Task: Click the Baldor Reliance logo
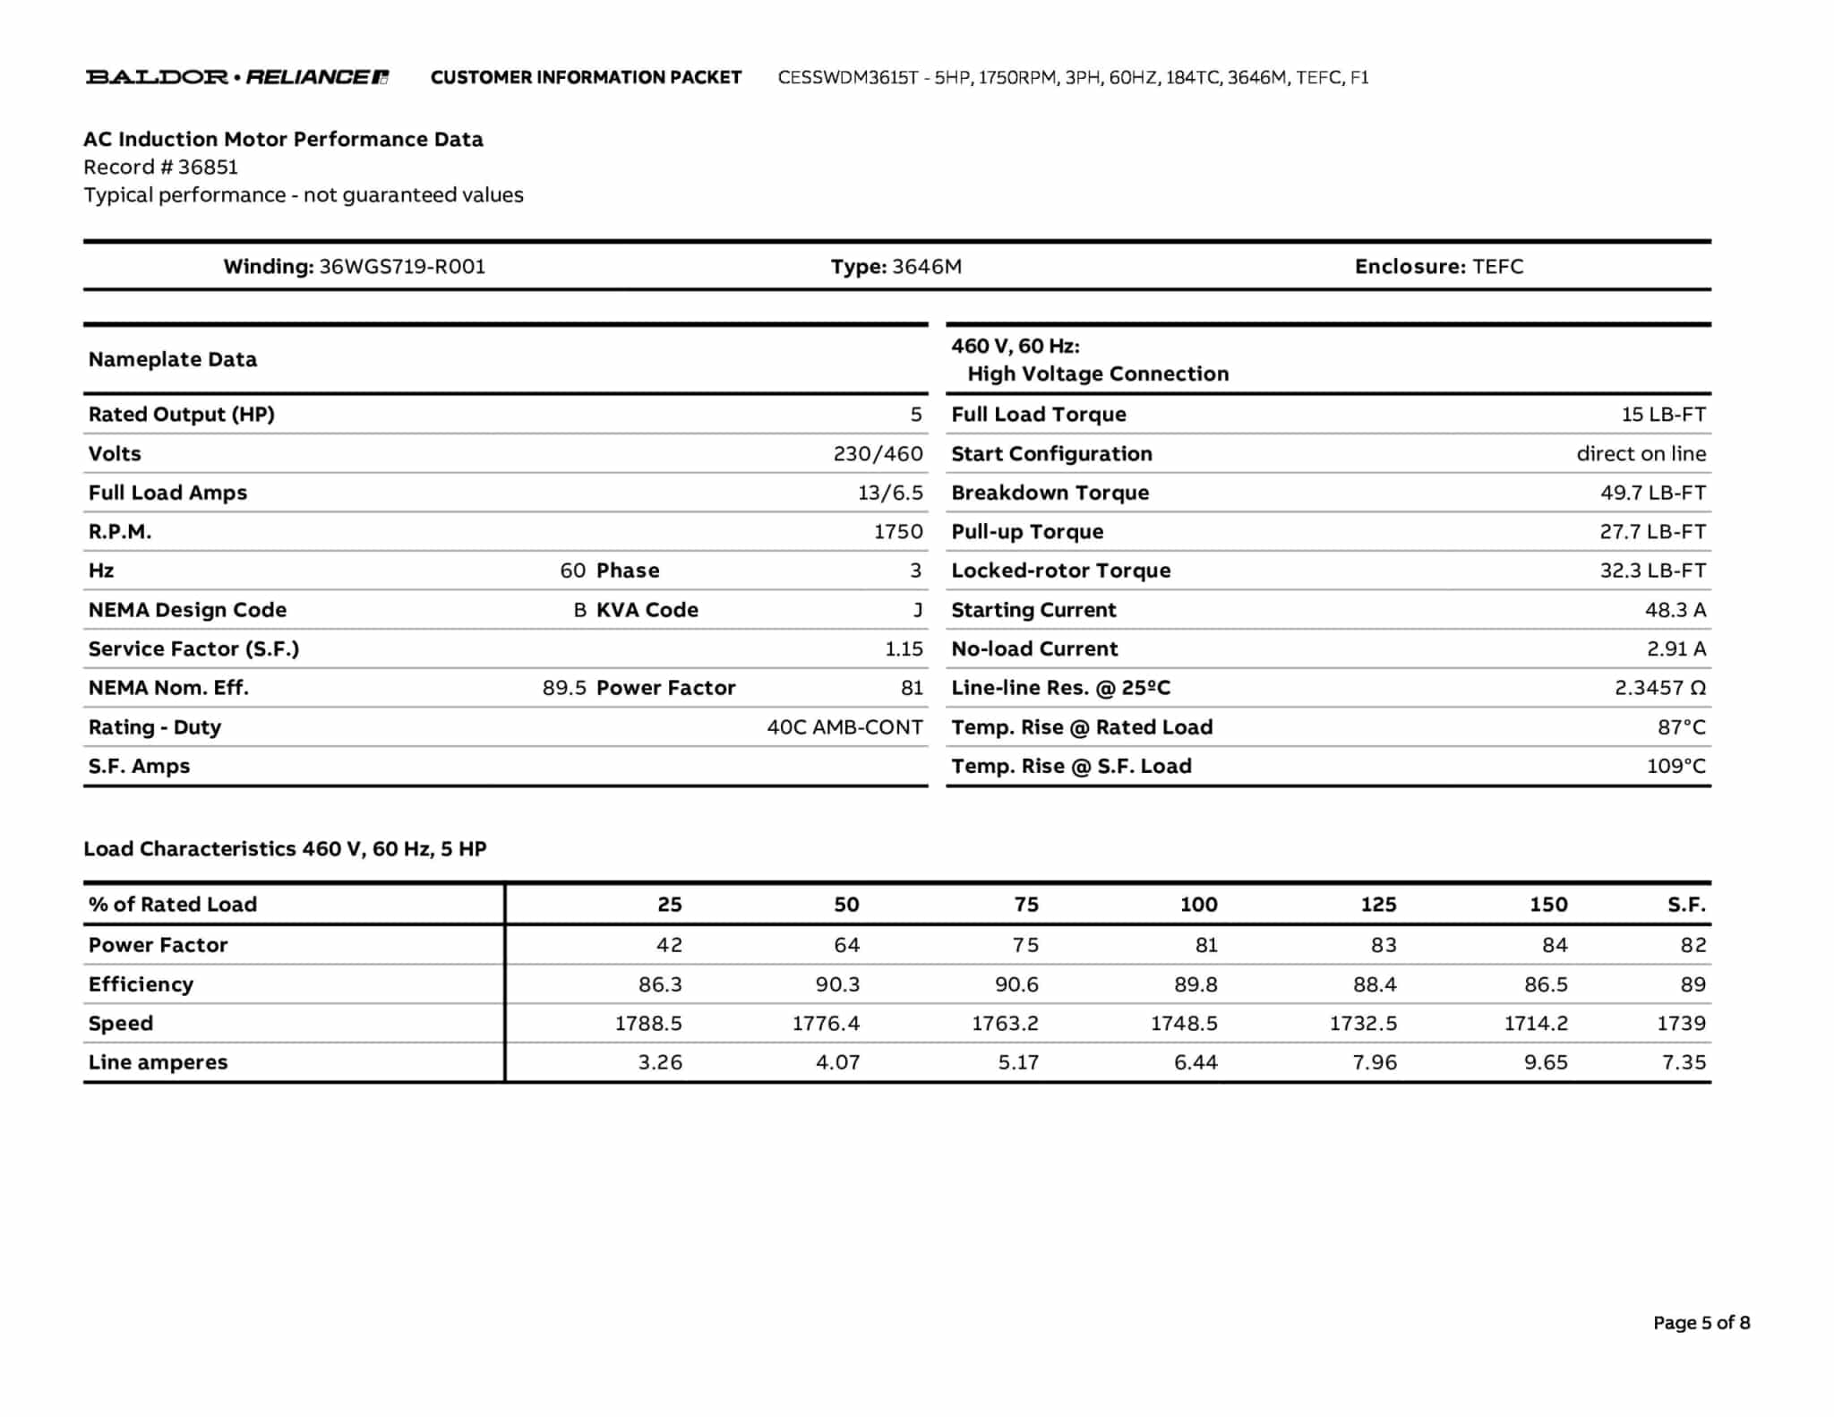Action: click(x=236, y=77)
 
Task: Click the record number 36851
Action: click(x=208, y=167)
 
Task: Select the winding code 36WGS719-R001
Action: click(x=402, y=267)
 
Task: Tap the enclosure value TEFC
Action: click(x=1497, y=267)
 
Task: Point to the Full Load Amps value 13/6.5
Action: click(x=889, y=493)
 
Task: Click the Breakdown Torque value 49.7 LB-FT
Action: click(x=1652, y=493)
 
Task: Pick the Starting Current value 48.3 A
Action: click(x=1675, y=610)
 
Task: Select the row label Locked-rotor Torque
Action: click(x=1060, y=571)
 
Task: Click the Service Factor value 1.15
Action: click(x=904, y=649)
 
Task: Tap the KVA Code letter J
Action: click(x=917, y=610)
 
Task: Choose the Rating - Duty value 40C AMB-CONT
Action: click(x=844, y=727)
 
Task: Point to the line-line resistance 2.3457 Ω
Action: click(x=1659, y=688)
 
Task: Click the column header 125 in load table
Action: click(x=1378, y=905)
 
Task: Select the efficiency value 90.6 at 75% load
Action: click(x=1016, y=984)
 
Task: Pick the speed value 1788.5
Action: click(x=647, y=1023)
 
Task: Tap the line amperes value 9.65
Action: click(x=1545, y=1062)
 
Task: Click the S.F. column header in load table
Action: click(x=1686, y=905)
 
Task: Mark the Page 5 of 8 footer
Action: click(x=1701, y=1323)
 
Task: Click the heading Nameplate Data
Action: click(x=173, y=359)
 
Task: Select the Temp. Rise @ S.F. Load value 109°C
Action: click(x=1675, y=767)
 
